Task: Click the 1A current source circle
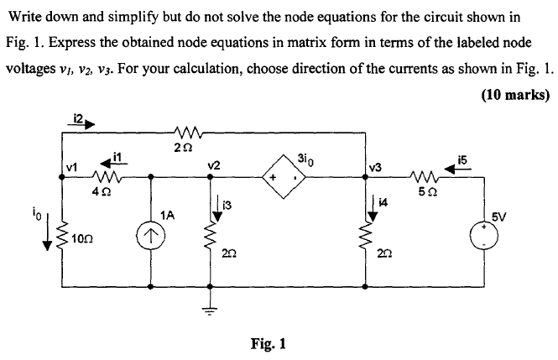coord(150,237)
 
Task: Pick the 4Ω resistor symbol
coord(106,177)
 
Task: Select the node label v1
coord(73,166)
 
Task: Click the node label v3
coord(374,167)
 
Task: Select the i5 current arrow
coord(462,166)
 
